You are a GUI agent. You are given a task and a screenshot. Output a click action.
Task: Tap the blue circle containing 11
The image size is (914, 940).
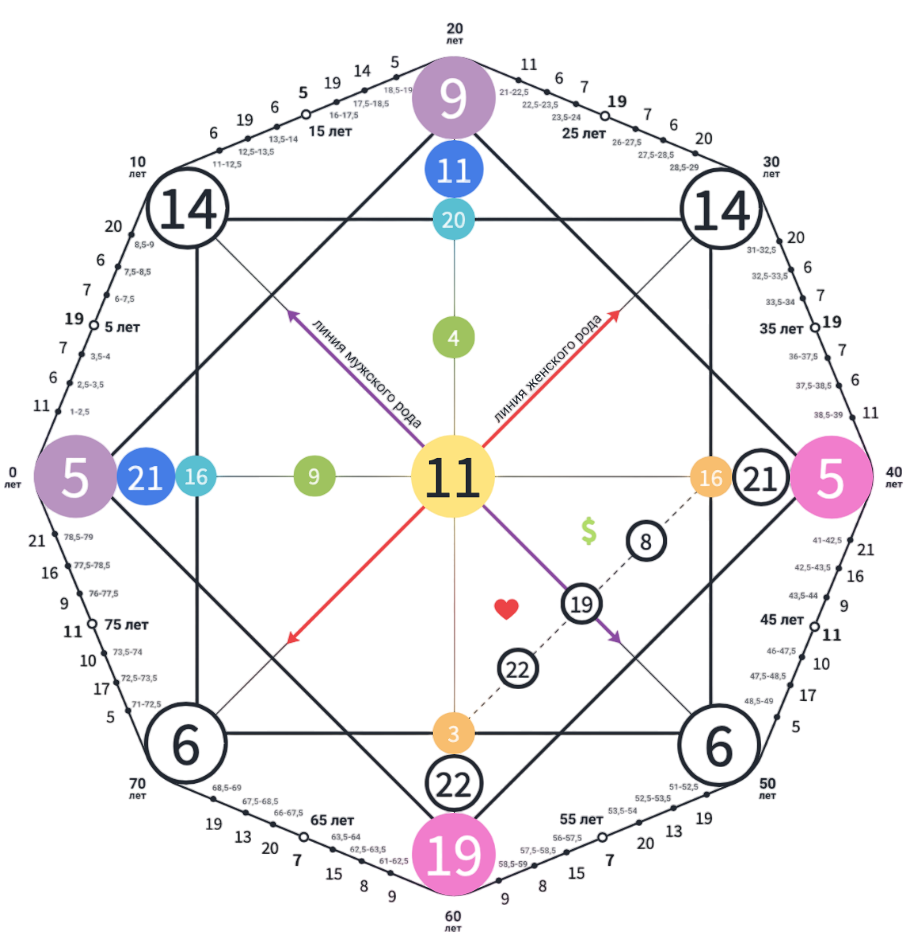[x=454, y=170]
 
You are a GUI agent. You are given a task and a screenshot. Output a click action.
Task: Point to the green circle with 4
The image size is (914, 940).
[x=454, y=337]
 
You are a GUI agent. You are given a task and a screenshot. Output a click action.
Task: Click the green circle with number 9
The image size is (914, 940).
[x=314, y=476]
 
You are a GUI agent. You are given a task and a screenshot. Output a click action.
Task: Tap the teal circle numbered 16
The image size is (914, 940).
[x=196, y=476]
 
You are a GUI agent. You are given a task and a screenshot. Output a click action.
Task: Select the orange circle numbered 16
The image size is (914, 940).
[x=710, y=477]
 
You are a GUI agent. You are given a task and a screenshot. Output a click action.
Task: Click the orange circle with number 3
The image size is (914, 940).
[x=454, y=733]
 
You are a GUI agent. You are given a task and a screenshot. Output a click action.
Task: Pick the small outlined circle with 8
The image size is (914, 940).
[x=646, y=541]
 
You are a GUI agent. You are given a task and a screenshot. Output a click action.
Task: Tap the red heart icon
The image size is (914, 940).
[x=506, y=609]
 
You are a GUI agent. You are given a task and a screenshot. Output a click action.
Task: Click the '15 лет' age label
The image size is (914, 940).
[x=330, y=131]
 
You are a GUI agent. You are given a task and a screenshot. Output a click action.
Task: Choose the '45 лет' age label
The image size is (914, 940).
[x=782, y=620]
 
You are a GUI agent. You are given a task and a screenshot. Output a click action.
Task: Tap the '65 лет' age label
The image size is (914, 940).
[x=332, y=820]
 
